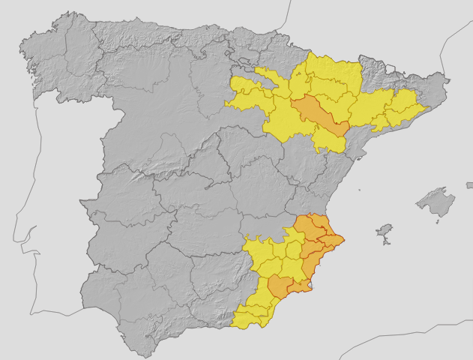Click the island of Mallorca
pyautogui.click(x=436, y=202)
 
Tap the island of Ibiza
pyautogui.click(x=385, y=229)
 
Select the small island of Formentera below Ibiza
pyautogui.click(x=386, y=241)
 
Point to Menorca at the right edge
pyautogui.click(x=469, y=184)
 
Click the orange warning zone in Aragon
pyautogui.click(x=318, y=115)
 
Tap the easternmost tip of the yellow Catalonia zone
pyautogui.click(x=425, y=107)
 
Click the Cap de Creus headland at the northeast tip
pyautogui.click(x=448, y=79)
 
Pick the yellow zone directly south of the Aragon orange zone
pyautogui.click(x=328, y=139)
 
